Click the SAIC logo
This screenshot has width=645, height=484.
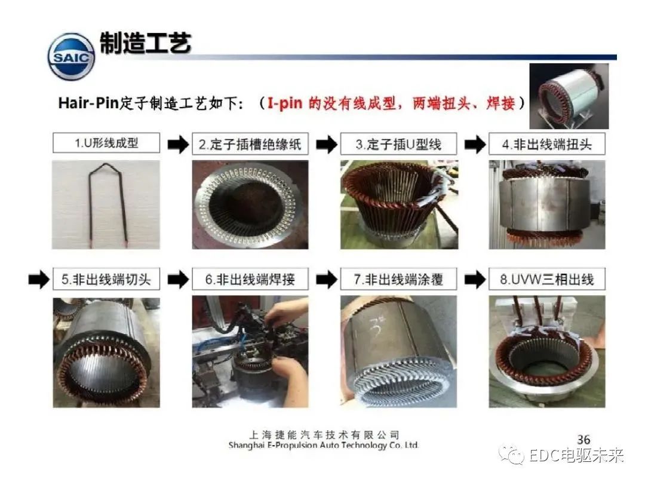71,56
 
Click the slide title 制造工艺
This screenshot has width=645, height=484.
145,43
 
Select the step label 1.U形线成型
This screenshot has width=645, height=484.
106,143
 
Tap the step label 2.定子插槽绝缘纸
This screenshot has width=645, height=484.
250,144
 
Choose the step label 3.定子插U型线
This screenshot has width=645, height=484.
398,144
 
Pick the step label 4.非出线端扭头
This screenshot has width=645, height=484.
546,144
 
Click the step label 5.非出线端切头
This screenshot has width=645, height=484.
106,280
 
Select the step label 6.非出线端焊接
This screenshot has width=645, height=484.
250,280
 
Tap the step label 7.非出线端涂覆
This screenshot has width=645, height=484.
398,280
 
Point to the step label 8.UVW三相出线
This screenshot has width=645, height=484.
546,280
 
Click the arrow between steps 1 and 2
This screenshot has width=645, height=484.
178,145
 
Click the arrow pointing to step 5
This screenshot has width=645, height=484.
39,280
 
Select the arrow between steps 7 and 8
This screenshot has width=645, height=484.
475,280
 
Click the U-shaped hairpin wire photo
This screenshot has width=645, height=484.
106,204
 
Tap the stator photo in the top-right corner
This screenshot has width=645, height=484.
569,96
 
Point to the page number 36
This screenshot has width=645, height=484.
583,440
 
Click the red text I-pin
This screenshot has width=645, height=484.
285,103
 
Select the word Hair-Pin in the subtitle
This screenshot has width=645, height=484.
88,103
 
